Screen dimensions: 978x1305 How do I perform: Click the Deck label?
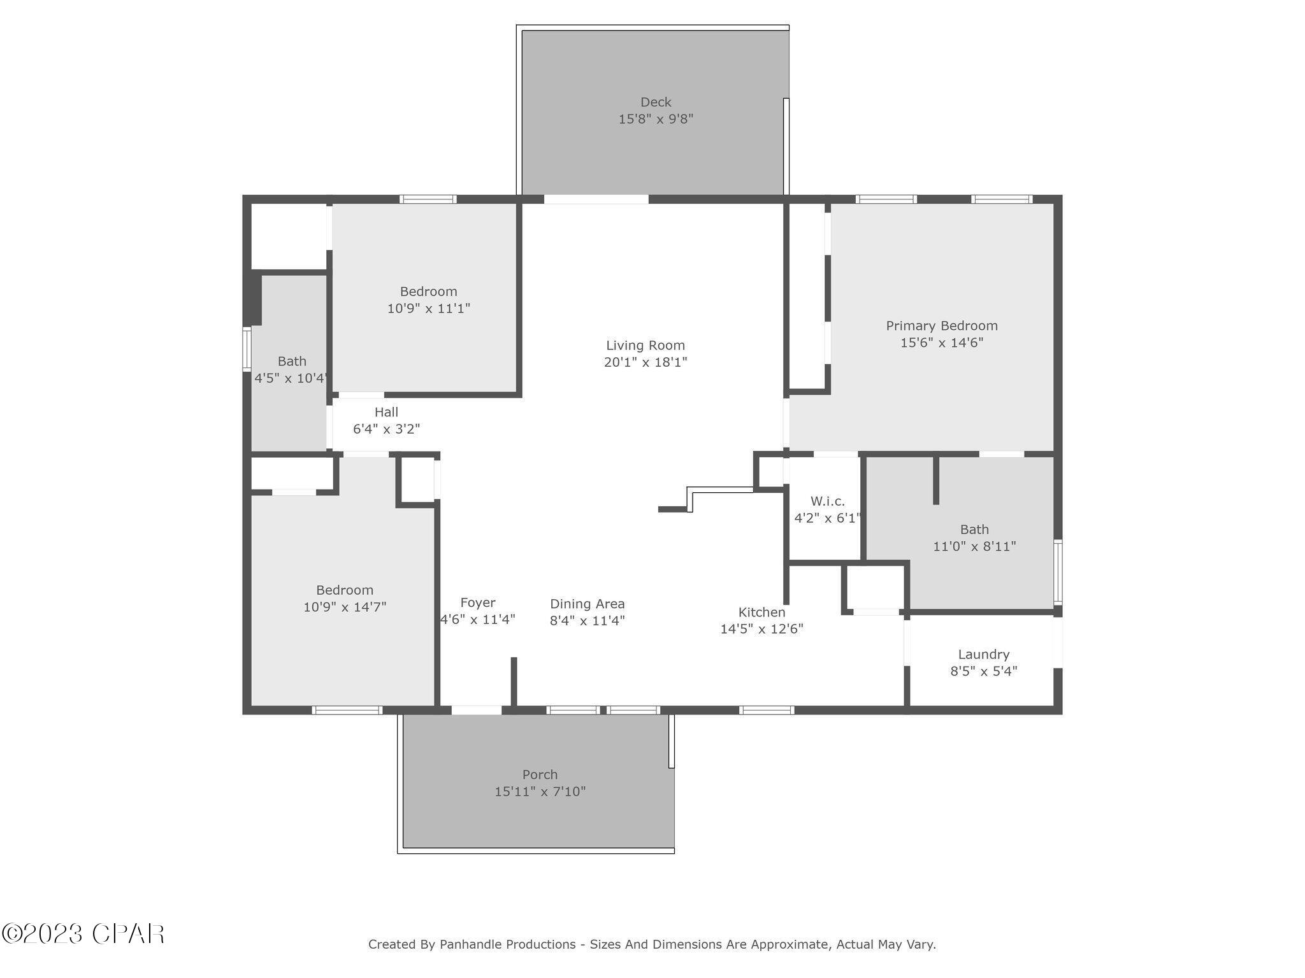click(x=656, y=102)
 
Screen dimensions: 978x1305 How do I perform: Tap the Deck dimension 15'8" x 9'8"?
click(x=656, y=119)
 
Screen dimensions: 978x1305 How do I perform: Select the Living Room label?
click(x=645, y=345)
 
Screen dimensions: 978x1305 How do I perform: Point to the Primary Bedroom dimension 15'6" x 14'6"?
click(x=941, y=343)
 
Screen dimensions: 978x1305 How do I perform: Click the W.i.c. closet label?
click(x=827, y=501)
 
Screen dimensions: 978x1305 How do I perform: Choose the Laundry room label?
click(x=983, y=654)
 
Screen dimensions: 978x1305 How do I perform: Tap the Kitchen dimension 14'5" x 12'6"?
click(x=761, y=629)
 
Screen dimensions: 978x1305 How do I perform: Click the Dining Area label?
click(x=587, y=604)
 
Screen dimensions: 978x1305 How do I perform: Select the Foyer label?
click(x=477, y=602)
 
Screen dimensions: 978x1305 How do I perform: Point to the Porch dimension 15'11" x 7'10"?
click(x=540, y=791)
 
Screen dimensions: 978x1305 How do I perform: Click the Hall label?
click(x=386, y=412)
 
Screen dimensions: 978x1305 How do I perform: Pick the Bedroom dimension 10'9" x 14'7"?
click(x=344, y=607)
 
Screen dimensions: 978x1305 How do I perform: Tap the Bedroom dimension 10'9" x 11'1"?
click(x=428, y=308)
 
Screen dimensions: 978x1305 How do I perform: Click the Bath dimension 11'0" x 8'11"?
click(x=974, y=546)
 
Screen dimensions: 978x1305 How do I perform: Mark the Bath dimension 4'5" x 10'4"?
click(x=291, y=378)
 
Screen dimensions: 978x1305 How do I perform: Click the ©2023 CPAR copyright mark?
click(x=83, y=934)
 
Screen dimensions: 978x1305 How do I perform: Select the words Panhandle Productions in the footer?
click(x=507, y=944)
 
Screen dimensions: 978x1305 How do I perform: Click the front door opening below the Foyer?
click(x=476, y=709)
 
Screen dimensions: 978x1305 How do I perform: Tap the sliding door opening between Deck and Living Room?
click(x=596, y=199)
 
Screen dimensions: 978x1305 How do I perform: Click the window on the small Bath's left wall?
click(x=247, y=348)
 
